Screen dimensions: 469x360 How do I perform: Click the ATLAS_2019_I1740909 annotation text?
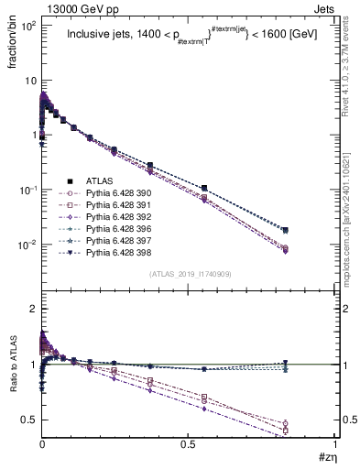click(189, 274)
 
